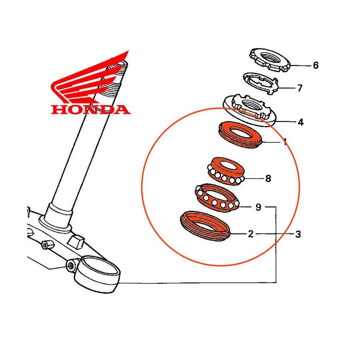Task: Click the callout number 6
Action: point(316,65)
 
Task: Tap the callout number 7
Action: point(300,88)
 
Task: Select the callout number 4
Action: point(300,122)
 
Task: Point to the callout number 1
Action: point(285,142)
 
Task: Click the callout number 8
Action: point(268,178)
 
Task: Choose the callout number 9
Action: point(258,207)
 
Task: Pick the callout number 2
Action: point(250,234)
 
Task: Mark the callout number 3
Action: point(298,234)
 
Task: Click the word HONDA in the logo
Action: point(90,109)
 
